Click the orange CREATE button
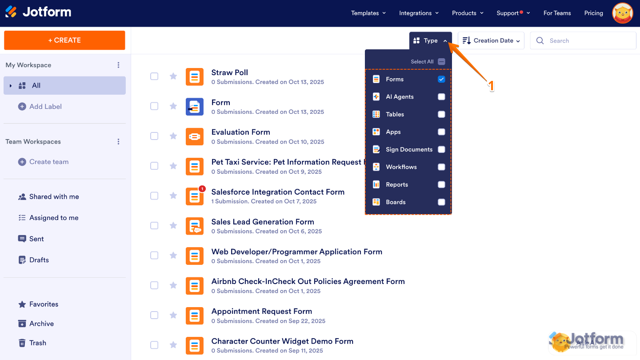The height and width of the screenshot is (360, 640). (x=64, y=40)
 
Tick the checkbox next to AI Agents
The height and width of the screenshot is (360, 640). (x=441, y=97)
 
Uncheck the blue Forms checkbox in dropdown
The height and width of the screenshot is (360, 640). (x=441, y=79)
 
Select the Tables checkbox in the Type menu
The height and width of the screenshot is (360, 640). (x=441, y=114)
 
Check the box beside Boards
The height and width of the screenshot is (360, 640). (x=441, y=202)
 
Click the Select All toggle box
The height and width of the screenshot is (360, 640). (x=441, y=62)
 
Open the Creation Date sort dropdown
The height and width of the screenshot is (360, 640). (x=491, y=40)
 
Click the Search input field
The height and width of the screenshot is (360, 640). (x=583, y=40)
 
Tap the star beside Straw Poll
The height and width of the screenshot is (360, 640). (x=173, y=76)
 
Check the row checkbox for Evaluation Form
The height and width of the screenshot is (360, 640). (x=154, y=136)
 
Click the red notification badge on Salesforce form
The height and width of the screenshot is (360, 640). (x=202, y=188)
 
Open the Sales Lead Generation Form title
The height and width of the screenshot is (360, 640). (x=263, y=222)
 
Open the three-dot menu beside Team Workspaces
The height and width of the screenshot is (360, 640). (x=118, y=142)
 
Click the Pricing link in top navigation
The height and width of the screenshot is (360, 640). (x=593, y=13)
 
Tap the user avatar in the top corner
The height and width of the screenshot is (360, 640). (x=623, y=13)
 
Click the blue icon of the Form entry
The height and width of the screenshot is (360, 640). (x=195, y=107)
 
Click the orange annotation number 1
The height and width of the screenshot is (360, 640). (x=491, y=86)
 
